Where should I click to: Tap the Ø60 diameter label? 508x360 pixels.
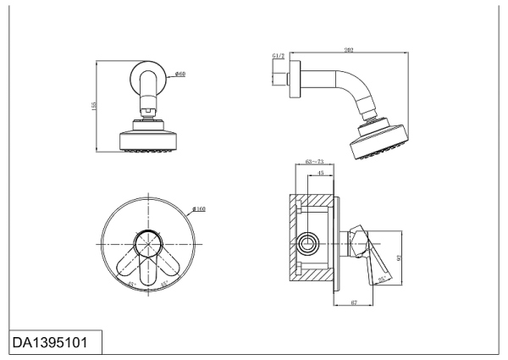click(x=181, y=75)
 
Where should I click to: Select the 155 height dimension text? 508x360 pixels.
click(x=94, y=106)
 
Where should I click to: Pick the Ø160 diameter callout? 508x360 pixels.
click(x=200, y=208)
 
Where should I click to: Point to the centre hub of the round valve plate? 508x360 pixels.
click(x=148, y=243)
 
